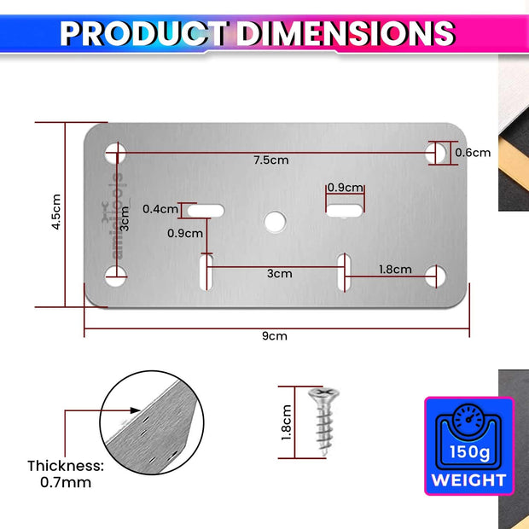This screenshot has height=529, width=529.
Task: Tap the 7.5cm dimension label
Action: coord(270,160)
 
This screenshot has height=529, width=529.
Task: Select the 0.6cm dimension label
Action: coord(473,153)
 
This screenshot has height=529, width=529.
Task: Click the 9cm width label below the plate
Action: coord(275,335)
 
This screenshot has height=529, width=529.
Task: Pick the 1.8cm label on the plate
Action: coord(396,270)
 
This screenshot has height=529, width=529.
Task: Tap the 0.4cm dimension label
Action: coord(160,208)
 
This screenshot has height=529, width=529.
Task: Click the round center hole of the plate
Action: coord(275,221)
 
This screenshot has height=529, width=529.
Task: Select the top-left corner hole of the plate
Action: coord(116,153)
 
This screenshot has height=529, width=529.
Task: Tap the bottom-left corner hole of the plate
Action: coord(116,275)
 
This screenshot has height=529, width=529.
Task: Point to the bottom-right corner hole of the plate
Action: coord(436,275)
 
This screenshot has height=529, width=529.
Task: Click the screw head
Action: coord(321,394)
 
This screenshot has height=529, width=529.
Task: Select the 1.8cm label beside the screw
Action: coord(288,421)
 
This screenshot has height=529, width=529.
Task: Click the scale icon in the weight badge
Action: coord(468,420)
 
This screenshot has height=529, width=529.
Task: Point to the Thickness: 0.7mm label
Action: coord(65,474)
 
